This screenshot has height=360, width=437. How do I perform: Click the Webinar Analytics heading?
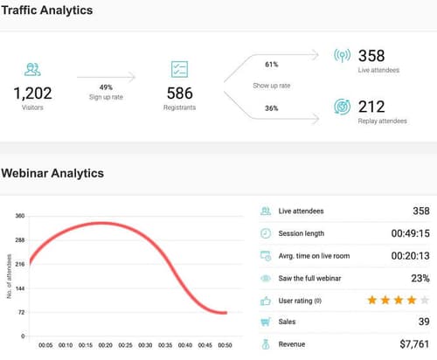(x=52, y=173)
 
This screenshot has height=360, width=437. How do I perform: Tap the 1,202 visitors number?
(x=32, y=93)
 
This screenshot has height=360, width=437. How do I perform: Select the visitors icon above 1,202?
(x=32, y=68)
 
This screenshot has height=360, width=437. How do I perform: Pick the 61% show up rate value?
(x=271, y=64)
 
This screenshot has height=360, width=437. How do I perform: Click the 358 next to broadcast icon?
(x=372, y=54)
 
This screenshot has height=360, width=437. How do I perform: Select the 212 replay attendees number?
(x=372, y=107)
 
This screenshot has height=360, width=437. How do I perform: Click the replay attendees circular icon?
(x=343, y=107)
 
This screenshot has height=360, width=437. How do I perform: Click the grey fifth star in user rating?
(x=424, y=300)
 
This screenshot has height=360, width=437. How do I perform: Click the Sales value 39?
(x=423, y=322)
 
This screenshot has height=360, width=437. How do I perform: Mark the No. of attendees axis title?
(x=10, y=276)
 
